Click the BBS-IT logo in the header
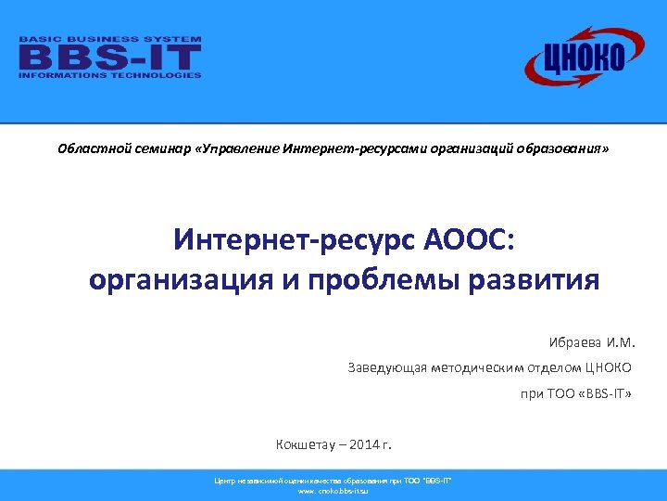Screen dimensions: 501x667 [110, 58]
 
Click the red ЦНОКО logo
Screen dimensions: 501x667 [574, 57]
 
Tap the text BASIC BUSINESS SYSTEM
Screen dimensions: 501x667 [110, 40]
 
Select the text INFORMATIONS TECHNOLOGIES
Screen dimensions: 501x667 [110, 75]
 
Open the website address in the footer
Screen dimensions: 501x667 [333, 490]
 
